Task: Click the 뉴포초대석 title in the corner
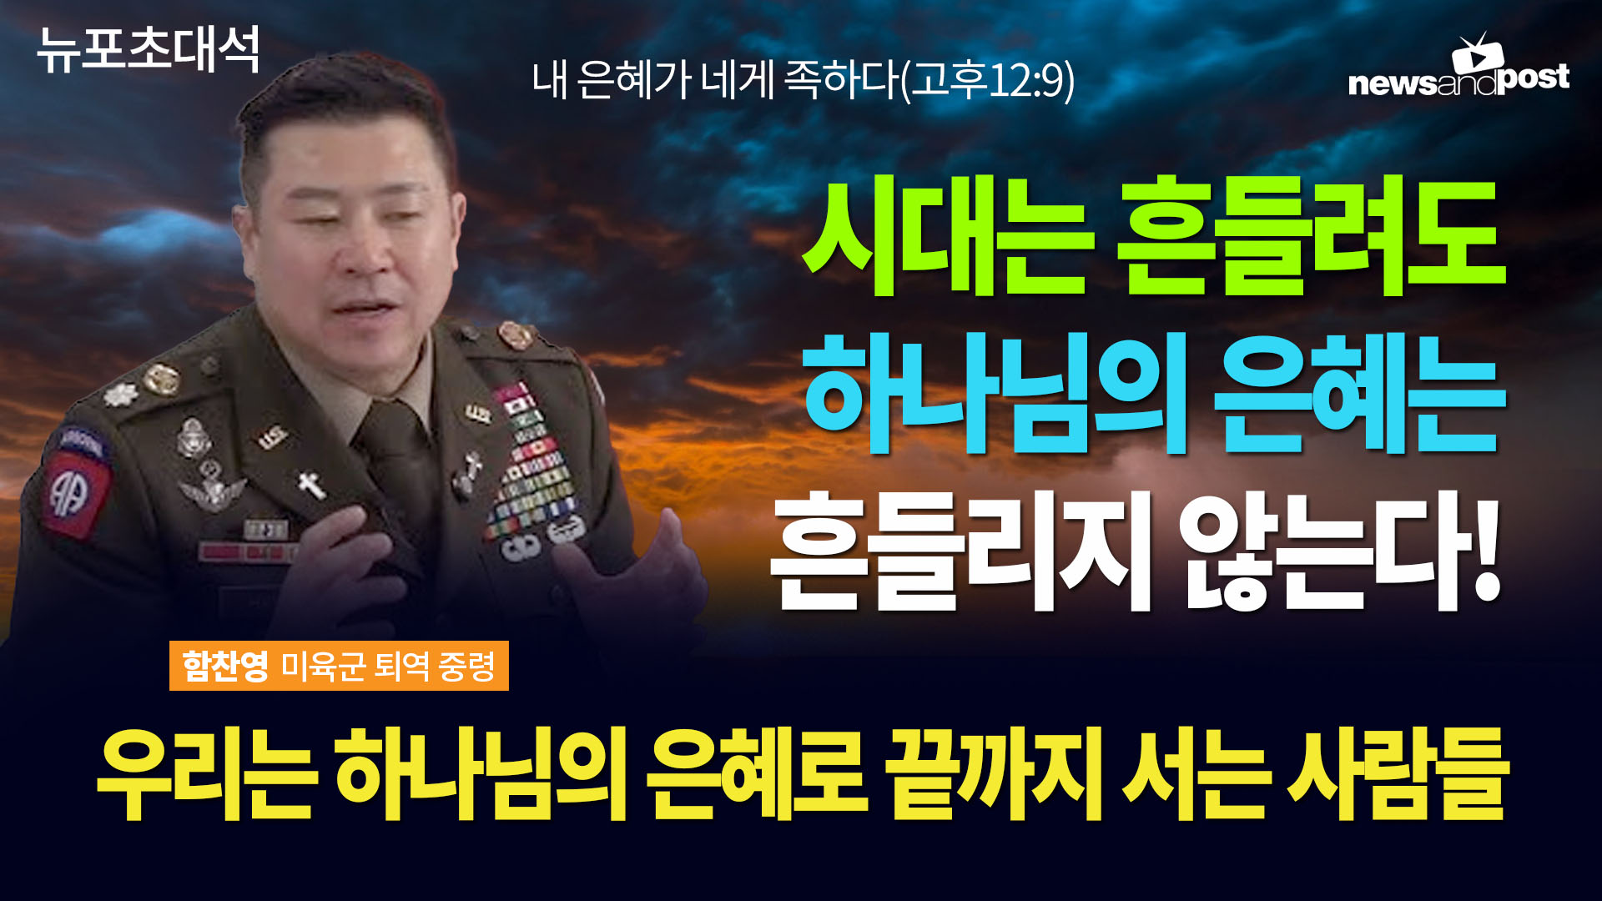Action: [x=149, y=49]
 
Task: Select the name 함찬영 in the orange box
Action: [x=225, y=666]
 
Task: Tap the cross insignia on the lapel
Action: [x=311, y=484]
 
